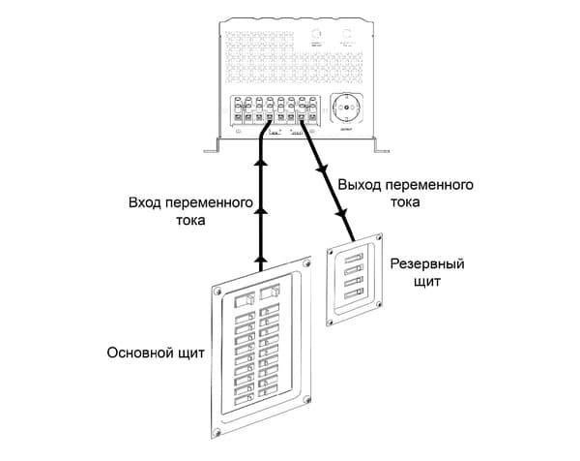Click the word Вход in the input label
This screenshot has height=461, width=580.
[145, 204]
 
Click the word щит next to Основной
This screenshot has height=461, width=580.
[191, 353]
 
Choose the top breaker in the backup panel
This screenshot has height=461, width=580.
[354, 257]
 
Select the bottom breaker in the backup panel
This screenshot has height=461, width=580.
[354, 292]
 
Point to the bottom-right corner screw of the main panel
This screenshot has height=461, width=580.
[305, 401]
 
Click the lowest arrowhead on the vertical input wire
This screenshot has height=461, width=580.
[260, 259]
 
